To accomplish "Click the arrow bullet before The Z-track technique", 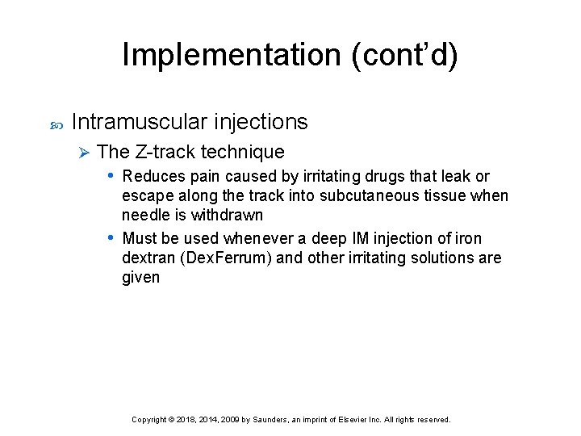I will pyautogui.click(x=80, y=152).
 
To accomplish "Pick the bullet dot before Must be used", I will pyautogui.click(x=111, y=238).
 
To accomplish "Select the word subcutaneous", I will pyautogui.click(x=365, y=195).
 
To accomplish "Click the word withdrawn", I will pyautogui.click(x=227, y=215).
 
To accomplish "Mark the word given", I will pyautogui.click(x=141, y=277).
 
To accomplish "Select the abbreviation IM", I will pyautogui.click(x=363, y=238).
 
